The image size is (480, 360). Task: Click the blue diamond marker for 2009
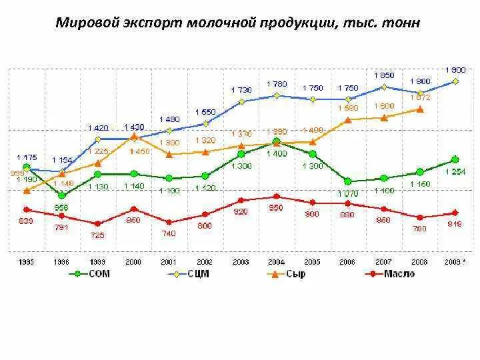[455, 81]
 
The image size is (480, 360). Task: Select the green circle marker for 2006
[347, 181]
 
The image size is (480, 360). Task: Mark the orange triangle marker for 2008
[419, 109]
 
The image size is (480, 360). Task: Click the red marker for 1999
[97, 224]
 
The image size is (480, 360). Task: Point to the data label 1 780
[276, 84]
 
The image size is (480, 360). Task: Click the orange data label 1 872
[419, 97]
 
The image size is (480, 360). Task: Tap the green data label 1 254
[455, 172]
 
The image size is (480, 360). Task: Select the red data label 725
[97, 235]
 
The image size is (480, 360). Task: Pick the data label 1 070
[347, 193]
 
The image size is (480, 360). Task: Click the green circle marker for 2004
[276, 142]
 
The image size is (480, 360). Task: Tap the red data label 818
[455, 224]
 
